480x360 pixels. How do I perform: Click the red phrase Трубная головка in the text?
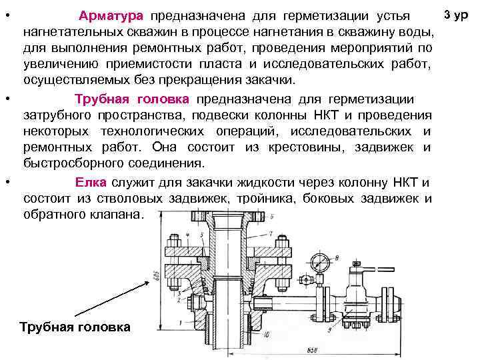point(133,99)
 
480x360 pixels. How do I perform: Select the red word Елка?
point(87,183)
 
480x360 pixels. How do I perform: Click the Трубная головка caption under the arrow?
point(75,327)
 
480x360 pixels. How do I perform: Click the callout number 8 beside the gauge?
point(338,258)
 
